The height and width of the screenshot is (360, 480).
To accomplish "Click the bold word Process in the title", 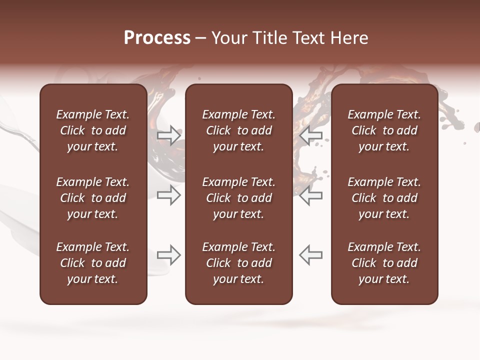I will [x=157, y=38].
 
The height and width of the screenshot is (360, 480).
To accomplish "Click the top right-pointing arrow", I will [x=169, y=135].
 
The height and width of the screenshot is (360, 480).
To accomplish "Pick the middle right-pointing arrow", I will [x=169, y=195].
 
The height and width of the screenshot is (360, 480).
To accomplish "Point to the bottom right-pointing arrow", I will [x=169, y=255].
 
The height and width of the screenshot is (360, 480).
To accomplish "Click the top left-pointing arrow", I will [x=311, y=135].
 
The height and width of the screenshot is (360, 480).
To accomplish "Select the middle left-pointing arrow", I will [x=311, y=195].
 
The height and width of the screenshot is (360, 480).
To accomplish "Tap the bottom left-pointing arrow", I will [x=311, y=255].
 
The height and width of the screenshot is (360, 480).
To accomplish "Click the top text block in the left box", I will [x=93, y=130].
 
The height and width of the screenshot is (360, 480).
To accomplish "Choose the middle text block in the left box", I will [x=93, y=198].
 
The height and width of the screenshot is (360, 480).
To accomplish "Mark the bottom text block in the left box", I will [x=93, y=263].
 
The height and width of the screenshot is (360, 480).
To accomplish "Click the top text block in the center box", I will [x=239, y=130].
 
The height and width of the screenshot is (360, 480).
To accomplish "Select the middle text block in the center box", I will [x=239, y=198].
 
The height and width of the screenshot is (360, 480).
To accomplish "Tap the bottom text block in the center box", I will [x=239, y=263].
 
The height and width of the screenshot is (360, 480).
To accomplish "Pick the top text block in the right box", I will [x=384, y=130].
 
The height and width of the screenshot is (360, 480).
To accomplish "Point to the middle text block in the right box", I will [x=384, y=198].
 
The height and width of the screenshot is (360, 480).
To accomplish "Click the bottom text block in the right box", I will [x=384, y=263].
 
